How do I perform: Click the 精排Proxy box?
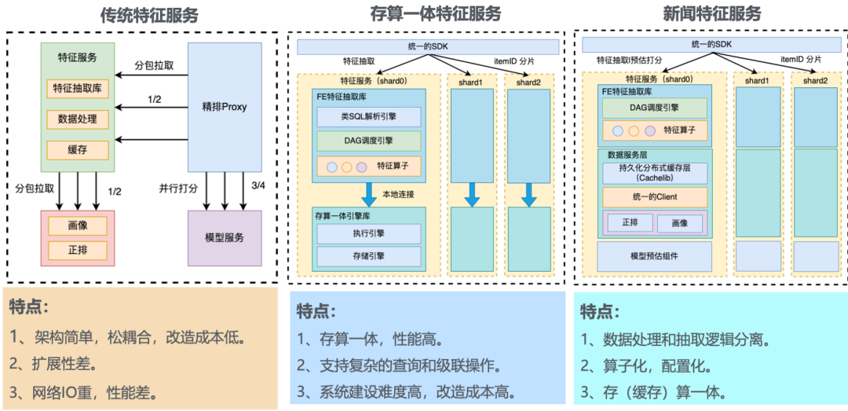tap(224, 107)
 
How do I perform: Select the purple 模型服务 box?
tap(224, 237)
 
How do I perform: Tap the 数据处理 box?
tap(78, 119)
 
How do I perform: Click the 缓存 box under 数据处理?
tap(78, 149)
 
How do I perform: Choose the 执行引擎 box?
tap(369, 233)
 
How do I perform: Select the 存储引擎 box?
tap(369, 256)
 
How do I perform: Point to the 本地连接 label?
tap(399, 194)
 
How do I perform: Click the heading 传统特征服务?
tap(149, 15)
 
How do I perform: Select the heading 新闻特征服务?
tap(711, 15)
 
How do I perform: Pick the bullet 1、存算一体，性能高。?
tap(369, 339)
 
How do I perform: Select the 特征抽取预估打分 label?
tap(630, 59)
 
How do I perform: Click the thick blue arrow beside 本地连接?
tap(369, 194)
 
